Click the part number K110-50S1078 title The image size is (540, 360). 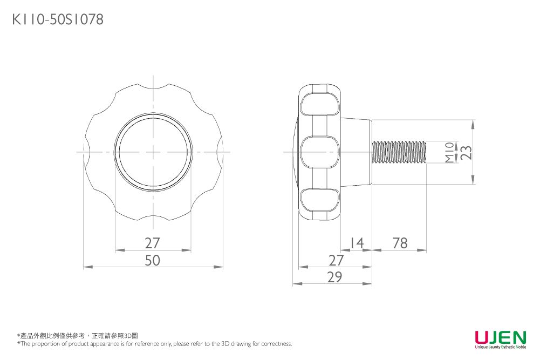click(57, 20)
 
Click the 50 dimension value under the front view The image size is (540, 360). click(153, 260)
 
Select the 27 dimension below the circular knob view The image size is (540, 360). click(153, 243)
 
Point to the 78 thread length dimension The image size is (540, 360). click(400, 243)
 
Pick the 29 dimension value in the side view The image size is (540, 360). click(335, 277)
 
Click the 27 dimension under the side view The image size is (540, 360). click(336, 260)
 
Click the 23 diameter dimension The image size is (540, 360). click(466, 152)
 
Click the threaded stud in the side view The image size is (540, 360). click(399, 152)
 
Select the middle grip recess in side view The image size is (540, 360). click(319, 152)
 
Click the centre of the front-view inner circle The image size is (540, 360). click(153, 152)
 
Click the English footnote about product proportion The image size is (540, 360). click(154, 344)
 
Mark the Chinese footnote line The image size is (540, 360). click(78, 336)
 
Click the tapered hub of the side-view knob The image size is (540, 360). click(356, 152)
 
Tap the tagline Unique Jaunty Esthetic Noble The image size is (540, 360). click(500, 347)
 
